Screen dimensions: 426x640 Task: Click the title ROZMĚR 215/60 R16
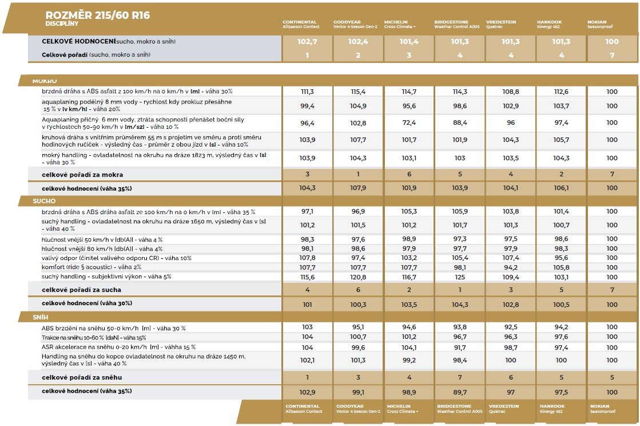pyautogui.click(x=98, y=15)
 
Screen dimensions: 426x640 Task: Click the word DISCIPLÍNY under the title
pyautogui.click(x=62, y=24)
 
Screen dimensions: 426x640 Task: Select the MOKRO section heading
pyautogui.click(x=44, y=81)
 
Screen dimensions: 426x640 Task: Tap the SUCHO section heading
pyautogui.click(x=44, y=202)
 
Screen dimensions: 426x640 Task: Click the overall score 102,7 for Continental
pyautogui.click(x=307, y=42)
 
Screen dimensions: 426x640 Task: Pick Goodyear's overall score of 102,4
pyautogui.click(x=357, y=42)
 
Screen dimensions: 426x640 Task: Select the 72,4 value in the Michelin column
pyautogui.click(x=409, y=123)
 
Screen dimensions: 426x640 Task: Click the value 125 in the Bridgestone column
pyautogui.click(x=459, y=277)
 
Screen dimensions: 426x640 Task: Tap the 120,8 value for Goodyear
pyautogui.click(x=357, y=277)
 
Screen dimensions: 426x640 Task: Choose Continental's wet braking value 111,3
pyautogui.click(x=307, y=92)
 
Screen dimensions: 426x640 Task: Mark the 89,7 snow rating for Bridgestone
pyautogui.click(x=459, y=392)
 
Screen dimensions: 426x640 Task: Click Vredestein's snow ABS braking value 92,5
pyautogui.click(x=510, y=328)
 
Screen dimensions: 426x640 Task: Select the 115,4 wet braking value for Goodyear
pyautogui.click(x=357, y=92)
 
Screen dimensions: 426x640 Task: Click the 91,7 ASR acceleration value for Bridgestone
pyautogui.click(x=459, y=348)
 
